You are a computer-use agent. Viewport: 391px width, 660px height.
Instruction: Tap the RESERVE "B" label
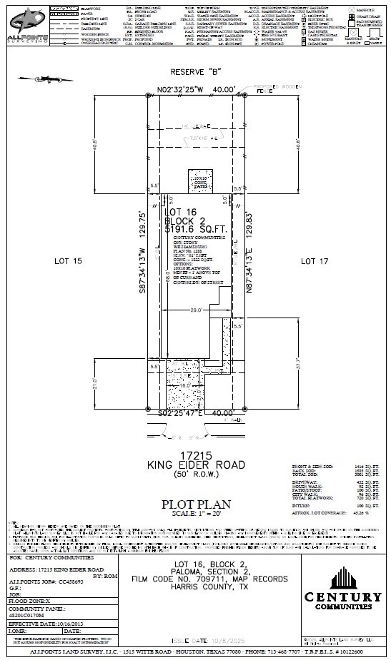click(195, 72)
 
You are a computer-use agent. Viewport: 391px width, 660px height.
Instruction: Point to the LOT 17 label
click(315, 261)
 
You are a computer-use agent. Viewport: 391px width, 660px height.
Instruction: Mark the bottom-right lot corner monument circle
click(244, 412)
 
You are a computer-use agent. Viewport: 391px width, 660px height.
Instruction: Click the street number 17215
click(195, 455)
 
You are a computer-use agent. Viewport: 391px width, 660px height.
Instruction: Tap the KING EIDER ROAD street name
click(195, 464)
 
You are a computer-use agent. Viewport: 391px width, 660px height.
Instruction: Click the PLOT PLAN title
click(195, 503)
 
